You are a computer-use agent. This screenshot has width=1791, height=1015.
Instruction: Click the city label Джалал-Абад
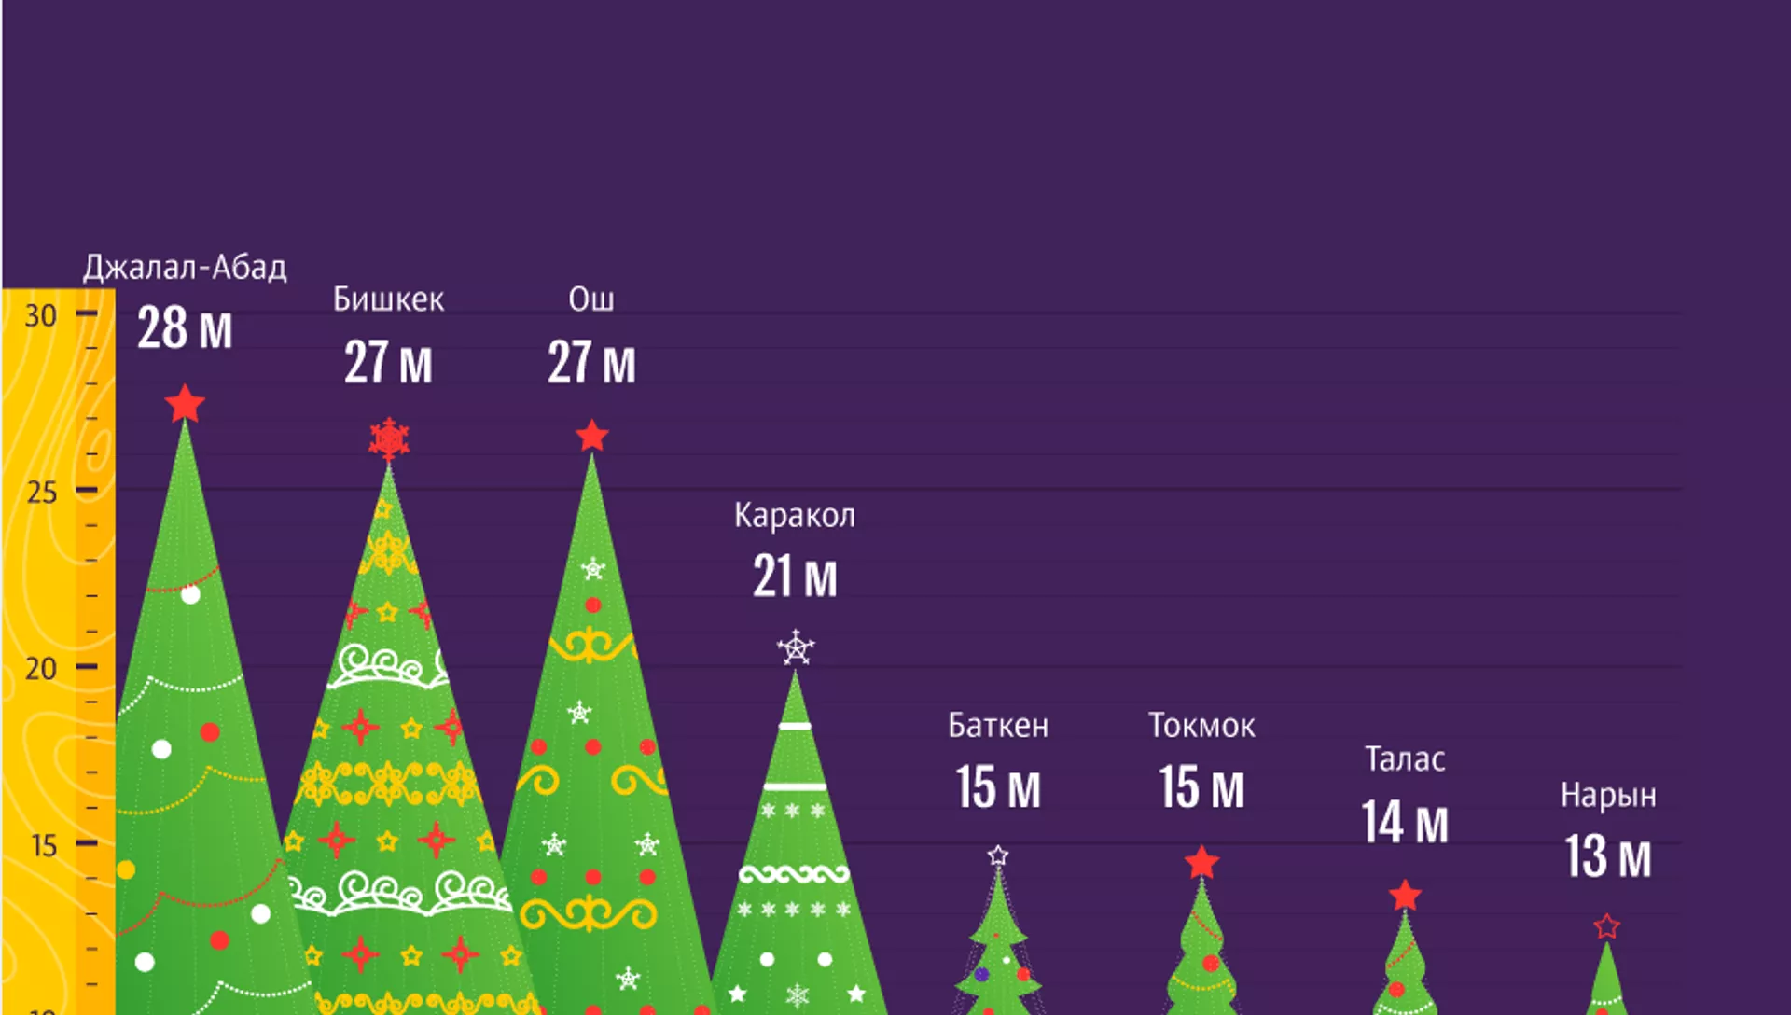click(185, 268)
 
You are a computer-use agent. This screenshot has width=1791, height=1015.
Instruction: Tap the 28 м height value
click(185, 328)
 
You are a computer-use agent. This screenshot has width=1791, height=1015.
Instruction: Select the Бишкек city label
click(388, 299)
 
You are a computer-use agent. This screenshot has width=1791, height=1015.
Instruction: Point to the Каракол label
click(794, 515)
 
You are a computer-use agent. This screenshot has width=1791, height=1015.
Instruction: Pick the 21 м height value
click(795, 577)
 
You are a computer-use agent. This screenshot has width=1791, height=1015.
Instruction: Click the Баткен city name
click(998, 726)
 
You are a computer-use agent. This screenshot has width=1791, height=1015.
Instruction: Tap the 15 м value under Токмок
click(1201, 787)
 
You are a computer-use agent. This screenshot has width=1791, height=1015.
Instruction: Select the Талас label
click(1405, 759)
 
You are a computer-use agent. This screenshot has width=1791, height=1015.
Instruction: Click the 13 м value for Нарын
click(1608, 856)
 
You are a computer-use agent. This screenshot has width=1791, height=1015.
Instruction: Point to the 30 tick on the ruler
click(41, 316)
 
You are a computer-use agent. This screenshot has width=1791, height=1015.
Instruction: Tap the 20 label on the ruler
click(41, 669)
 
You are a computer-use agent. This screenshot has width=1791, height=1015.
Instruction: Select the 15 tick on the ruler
click(44, 845)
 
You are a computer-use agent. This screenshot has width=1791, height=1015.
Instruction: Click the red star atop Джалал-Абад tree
click(185, 404)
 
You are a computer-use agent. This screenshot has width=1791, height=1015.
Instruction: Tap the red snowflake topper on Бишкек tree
click(389, 438)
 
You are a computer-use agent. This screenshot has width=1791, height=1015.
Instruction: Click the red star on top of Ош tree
click(591, 436)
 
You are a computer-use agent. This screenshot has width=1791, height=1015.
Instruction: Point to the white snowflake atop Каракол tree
click(796, 647)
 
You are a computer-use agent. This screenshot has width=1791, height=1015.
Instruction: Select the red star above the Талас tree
click(1405, 896)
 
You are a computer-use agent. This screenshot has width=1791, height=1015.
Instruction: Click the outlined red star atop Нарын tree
click(1606, 926)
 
